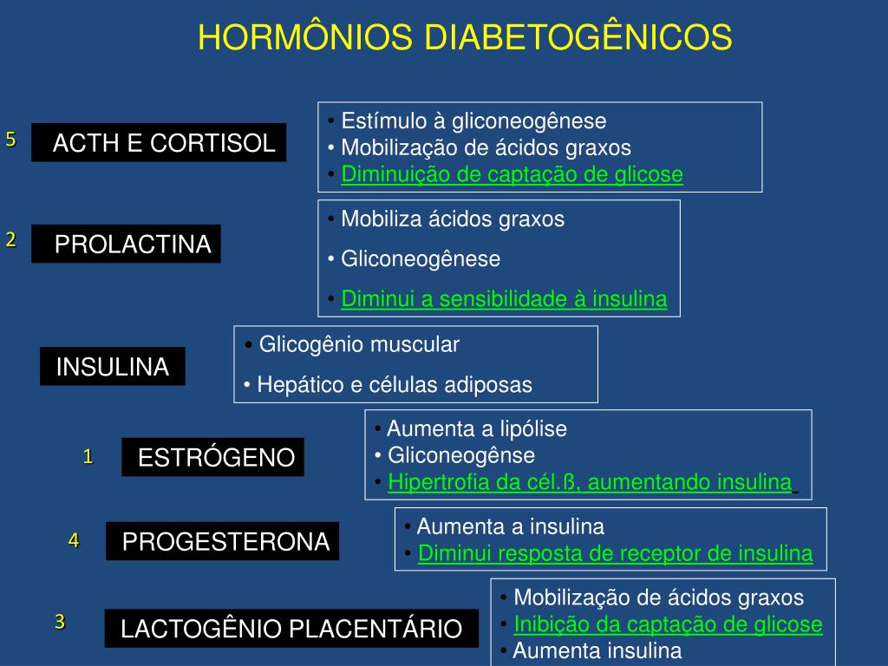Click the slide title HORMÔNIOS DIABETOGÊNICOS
[465, 37]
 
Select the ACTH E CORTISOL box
[160, 143]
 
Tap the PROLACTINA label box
[127, 244]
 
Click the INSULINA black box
[113, 367]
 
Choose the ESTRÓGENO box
[213, 457]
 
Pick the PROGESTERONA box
[223, 542]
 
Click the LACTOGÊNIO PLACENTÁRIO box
[291, 629]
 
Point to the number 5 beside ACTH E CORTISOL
[10, 140]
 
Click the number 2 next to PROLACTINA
[10, 240]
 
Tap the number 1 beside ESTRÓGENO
[88, 456]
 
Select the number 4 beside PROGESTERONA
[74, 540]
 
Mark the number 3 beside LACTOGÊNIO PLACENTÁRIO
[60, 621]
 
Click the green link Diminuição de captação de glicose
[512, 174]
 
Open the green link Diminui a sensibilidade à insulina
[504, 299]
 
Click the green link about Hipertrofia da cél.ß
[590, 482]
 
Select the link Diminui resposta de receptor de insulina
[615, 553]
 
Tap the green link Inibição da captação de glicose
[668, 624]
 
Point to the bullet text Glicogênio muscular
[359, 344]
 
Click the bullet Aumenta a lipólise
[476, 428]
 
